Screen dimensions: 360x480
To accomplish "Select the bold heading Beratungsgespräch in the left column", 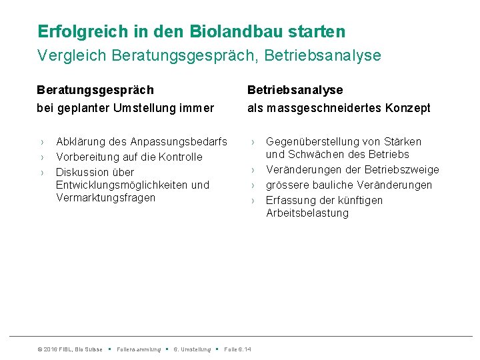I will pyautogui.click(x=95, y=90).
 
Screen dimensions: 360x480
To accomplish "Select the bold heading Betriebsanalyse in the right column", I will pyautogui.click(x=295, y=90).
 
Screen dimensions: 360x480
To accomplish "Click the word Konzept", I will pyautogui.click(x=407, y=108).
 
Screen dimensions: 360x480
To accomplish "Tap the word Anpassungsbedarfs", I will pyautogui.click(x=178, y=142).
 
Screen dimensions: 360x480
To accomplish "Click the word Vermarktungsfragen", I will pyautogui.click(x=105, y=197).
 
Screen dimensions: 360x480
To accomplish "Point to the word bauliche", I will pyautogui.click(x=333, y=185).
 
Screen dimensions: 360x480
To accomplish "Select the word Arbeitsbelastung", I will pyautogui.click(x=307, y=213).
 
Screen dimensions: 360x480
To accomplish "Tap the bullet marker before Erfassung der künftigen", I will pyautogui.click(x=253, y=201).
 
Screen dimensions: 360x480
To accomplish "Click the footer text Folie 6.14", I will pyautogui.click(x=238, y=349).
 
